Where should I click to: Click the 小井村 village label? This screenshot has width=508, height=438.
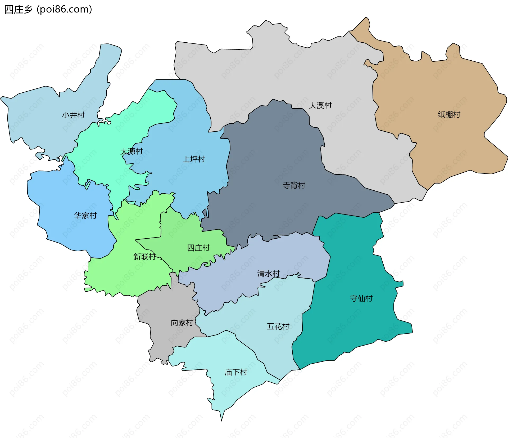point(73,115)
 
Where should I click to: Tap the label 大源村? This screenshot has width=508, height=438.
point(131,151)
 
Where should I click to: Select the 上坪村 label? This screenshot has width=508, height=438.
point(194,159)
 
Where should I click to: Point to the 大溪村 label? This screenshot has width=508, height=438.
point(320,105)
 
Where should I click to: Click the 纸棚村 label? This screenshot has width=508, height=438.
point(449,115)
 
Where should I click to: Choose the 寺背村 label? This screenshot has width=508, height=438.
point(294,185)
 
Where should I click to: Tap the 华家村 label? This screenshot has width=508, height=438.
point(85,216)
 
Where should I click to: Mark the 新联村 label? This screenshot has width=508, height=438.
point(144,257)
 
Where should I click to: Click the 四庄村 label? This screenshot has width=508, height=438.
point(198,248)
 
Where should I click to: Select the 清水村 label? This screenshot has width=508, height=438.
point(268,274)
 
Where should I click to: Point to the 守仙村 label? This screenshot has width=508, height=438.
point(361,299)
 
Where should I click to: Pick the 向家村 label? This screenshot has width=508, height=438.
point(182,323)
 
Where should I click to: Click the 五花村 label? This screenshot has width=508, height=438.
point(278,326)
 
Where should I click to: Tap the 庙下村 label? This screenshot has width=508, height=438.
point(236,372)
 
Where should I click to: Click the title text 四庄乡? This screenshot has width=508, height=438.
point(18,10)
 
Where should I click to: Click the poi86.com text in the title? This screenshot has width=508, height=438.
point(64,10)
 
